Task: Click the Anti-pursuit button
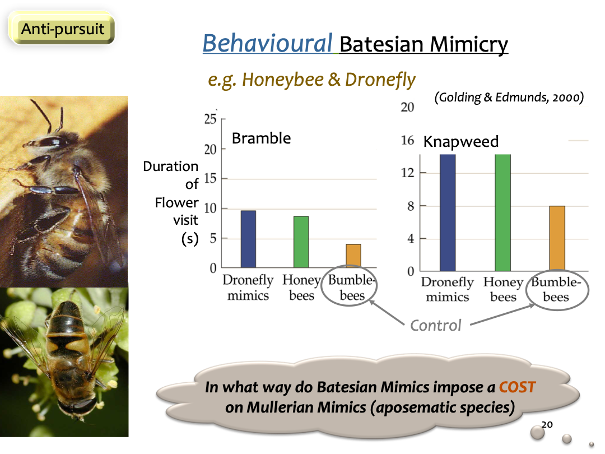[x=62, y=29]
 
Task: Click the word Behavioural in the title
[x=267, y=43]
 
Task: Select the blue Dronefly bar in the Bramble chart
[x=248, y=239]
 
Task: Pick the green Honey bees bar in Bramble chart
[x=301, y=242]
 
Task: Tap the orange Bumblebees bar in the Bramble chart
[x=353, y=256]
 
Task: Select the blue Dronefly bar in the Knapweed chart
[x=448, y=213]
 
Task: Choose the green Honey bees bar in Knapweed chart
[x=502, y=213]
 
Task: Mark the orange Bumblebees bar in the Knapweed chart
[x=557, y=239]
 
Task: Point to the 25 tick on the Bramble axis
[x=210, y=119]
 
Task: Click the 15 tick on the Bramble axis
[x=210, y=178]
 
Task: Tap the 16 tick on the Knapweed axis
[x=407, y=140]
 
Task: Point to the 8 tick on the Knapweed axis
[x=411, y=206]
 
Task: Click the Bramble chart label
[x=261, y=138]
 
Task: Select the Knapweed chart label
[x=460, y=142]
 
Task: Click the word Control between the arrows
[x=436, y=326]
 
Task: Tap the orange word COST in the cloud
[x=518, y=387]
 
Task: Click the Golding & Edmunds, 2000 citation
[x=509, y=97]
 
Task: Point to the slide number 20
[x=547, y=425]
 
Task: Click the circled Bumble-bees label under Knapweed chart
[x=556, y=289]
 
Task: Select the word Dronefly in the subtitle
[x=380, y=80]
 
